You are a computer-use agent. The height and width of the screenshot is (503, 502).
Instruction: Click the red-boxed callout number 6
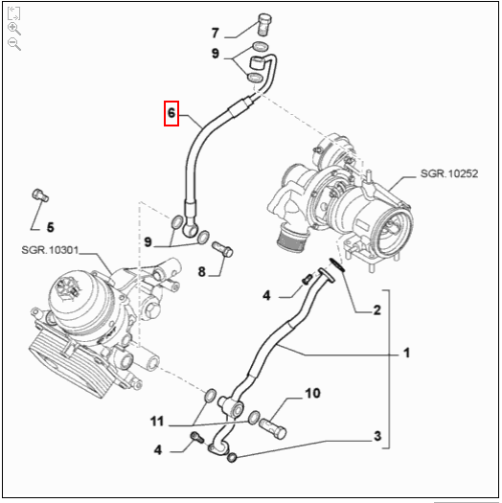[x=171, y=114]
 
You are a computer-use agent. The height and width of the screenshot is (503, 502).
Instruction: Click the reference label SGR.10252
[x=447, y=175]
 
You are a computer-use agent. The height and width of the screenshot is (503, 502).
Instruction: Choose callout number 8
[x=202, y=272]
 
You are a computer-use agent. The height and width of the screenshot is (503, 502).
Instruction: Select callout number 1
[x=406, y=354]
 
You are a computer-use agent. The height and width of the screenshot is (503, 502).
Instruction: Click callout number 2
[x=376, y=310]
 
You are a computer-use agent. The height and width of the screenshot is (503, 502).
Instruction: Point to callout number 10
[x=312, y=393]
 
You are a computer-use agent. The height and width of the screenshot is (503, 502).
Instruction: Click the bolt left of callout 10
[x=275, y=421]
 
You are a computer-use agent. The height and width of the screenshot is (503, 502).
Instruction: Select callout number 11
[x=157, y=421]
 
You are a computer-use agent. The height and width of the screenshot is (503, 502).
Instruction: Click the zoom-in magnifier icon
[x=14, y=28]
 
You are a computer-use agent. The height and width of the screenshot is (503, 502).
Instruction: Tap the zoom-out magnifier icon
[x=14, y=44]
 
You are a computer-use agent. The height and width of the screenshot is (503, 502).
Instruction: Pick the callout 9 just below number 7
[x=217, y=54]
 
